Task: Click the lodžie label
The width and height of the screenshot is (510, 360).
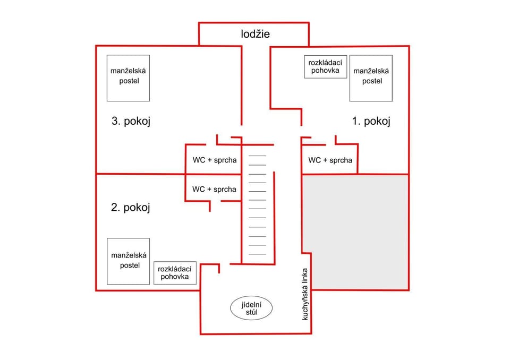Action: pyautogui.click(x=256, y=34)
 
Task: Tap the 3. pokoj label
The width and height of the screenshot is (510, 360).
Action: pyautogui.click(x=131, y=121)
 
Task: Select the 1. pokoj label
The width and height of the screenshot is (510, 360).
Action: pyautogui.click(x=371, y=121)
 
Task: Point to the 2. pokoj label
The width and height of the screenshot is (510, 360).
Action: pyautogui.click(x=131, y=207)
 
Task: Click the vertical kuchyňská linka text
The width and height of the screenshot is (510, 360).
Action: pyautogui.click(x=305, y=294)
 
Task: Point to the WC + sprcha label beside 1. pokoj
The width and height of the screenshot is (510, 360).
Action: pyautogui.click(x=330, y=160)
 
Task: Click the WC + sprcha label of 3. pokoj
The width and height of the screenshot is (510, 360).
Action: pyautogui.click(x=215, y=160)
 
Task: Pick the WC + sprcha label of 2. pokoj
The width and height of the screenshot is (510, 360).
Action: pyautogui.click(x=214, y=189)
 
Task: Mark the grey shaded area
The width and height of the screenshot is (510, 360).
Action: pyautogui.click(x=355, y=232)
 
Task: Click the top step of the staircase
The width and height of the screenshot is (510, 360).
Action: pyautogui.click(x=257, y=156)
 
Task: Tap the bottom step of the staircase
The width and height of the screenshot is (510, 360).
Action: pyautogui.click(x=257, y=254)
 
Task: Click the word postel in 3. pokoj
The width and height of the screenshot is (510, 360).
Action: pyautogui.click(x=129, y=81)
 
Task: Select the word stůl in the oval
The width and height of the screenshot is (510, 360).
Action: pyautogui.click(x=252, y=312)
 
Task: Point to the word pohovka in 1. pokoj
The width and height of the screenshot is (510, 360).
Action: pyautogui.click(x=325, y=71)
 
